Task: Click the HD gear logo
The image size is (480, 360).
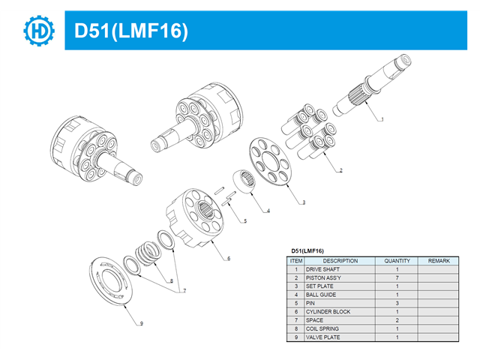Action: click(39, 31)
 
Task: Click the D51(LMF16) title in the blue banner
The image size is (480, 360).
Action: click(131, 31)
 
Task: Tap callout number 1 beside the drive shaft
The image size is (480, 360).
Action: click(382, 119)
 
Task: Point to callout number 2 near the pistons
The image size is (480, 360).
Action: click(340, 170)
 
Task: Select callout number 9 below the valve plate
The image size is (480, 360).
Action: click(142, 323)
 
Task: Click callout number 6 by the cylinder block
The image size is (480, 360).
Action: click(229, 258)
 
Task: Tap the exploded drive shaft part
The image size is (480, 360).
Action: click(372, 85)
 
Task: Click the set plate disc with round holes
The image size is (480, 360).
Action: click(271, 161)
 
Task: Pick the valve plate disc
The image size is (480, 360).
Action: click(111, 280)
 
